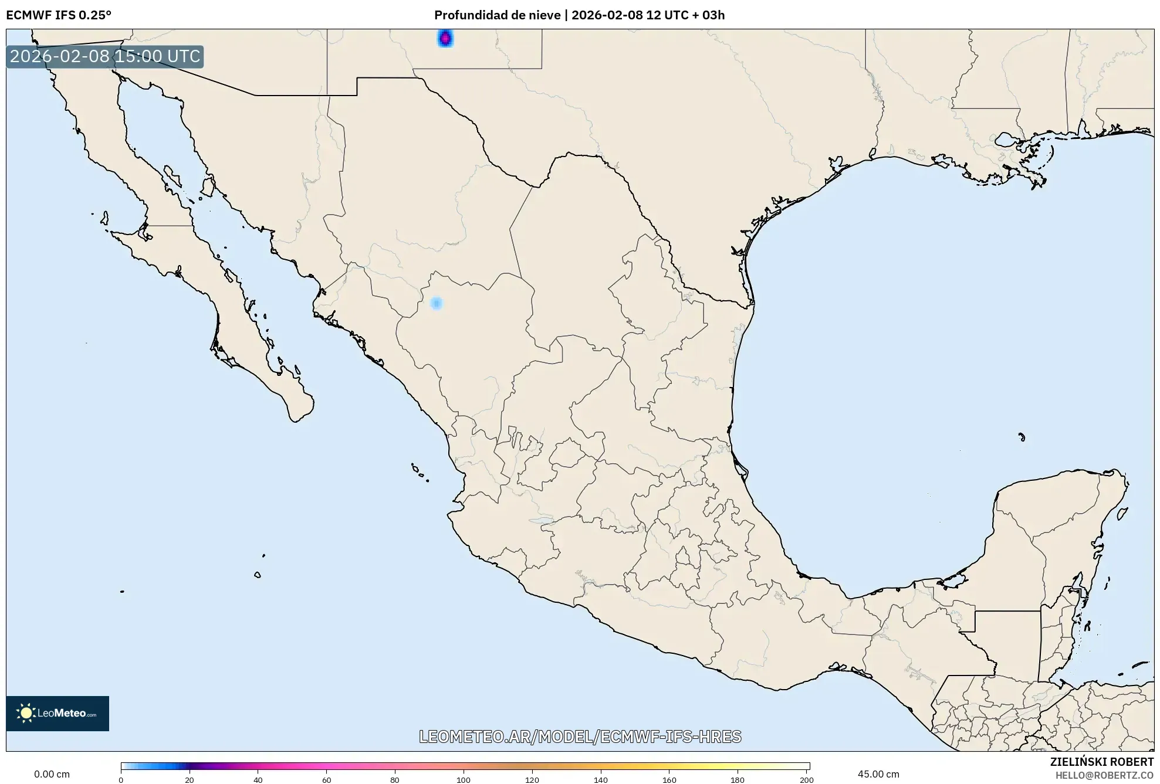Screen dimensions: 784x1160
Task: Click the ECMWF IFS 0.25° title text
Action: (59, 15)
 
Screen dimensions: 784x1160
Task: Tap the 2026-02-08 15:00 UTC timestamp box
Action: (105, 56)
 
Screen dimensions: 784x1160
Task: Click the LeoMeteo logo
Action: (58, 713)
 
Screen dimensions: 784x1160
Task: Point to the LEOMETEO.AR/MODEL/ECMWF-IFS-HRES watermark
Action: (580, 737)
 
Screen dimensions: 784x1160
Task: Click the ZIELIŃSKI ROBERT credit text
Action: (1101, 762)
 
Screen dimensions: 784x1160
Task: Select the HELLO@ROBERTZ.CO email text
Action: (1104, 775)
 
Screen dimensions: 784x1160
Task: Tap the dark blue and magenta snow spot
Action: (445, 39)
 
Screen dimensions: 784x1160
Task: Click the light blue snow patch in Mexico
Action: (436, 303)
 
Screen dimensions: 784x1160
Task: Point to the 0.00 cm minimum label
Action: (52, 774)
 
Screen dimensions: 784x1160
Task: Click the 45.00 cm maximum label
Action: (878, 774)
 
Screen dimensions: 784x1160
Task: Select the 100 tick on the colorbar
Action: (464, 779)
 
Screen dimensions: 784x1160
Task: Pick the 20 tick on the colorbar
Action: (189, 779)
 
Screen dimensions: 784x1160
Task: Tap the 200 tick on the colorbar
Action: (807, 779)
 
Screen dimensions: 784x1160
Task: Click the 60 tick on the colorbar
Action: (326, 779)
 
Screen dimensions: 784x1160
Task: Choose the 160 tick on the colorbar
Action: (669, 779)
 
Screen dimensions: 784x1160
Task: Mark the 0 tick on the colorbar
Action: (121, 779)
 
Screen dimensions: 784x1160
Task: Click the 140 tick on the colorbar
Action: (601, 779)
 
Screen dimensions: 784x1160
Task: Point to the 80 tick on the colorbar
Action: (395, 779)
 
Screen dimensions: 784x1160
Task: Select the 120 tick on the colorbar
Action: (532, 779)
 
